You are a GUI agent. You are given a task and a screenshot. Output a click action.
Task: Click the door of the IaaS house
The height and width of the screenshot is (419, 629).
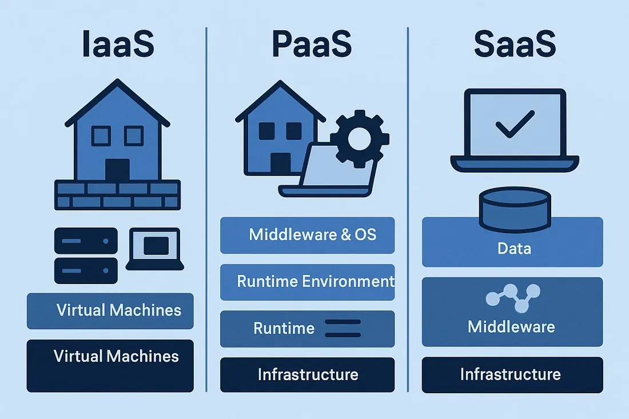pyautogui.click(x=117, y=170)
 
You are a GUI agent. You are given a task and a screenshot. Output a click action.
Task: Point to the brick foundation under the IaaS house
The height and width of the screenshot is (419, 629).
pyautogui.click(x=117, y=194)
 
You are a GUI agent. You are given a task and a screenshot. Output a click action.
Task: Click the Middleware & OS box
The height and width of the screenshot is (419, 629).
pyautogui.click(x=307, y=235)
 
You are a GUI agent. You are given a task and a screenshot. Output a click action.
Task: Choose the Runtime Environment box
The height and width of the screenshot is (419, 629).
pyautogui.click(x=307, y=282)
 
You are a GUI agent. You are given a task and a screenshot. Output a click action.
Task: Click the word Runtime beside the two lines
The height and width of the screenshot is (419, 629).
pyautogui.click(x=284, y=328)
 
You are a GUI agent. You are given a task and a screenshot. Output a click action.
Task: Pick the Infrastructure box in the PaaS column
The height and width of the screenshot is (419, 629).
pyautogui.click(x=307, y=374)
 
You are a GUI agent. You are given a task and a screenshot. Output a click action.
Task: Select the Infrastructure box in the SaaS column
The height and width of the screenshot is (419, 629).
pyautogui.click(x=512, y=374)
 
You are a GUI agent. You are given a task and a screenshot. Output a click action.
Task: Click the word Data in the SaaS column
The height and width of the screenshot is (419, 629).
pyautogui.click(x=514, y=249)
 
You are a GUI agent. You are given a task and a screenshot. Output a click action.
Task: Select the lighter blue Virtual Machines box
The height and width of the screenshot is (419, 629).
pyautogui.click(x=110, y=311)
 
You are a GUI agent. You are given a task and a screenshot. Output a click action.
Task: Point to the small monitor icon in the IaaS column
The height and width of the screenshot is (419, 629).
pyautogui.click(x=155, y=248)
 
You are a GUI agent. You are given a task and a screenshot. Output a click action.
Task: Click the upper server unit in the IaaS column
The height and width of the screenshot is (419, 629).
pyautogui.click(x=86, y=241)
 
